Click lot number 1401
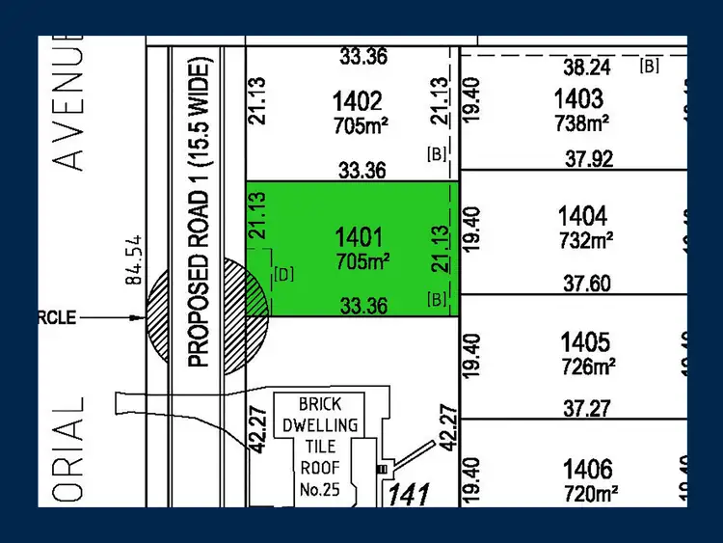point(361,237)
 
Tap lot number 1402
point(358,100)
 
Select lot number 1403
point(578,98)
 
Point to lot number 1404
point(584,216)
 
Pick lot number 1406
point(586,470)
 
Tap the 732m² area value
point(587,239)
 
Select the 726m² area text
point(587,367)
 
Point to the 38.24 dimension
point(587,67)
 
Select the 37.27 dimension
point(587,409)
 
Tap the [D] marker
point(283,275)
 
